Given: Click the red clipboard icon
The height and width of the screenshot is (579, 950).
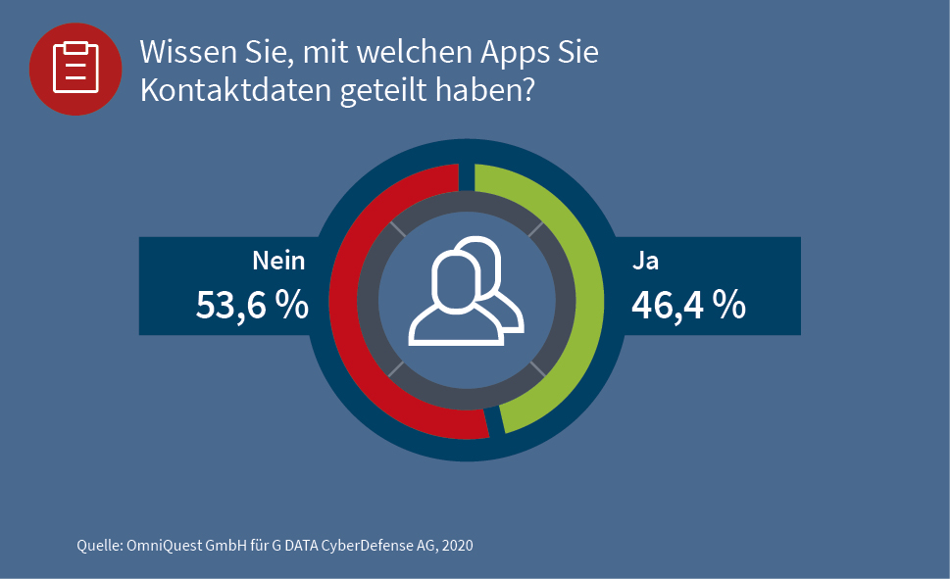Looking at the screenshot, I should [75, 68].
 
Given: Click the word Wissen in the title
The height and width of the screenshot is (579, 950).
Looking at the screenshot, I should [187, 53].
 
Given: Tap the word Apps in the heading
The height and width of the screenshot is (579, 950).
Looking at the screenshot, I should [497, 53].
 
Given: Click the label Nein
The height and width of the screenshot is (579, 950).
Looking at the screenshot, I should [278, 262].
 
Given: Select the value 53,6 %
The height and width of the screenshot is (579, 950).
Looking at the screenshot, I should [253, 306].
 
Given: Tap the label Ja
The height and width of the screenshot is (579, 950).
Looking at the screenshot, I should [644, 262].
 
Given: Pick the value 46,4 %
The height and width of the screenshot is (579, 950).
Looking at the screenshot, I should [688, 306].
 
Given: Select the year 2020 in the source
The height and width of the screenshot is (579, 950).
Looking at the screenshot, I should [456, 545].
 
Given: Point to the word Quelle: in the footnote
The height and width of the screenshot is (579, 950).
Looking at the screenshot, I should [99, 545].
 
